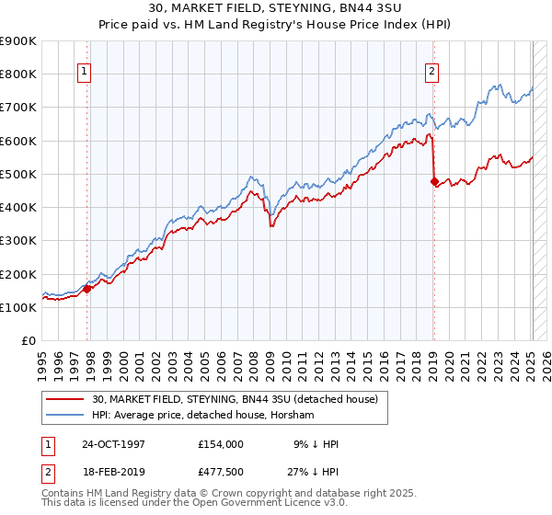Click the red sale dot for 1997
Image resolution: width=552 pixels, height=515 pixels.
tap(87, 289)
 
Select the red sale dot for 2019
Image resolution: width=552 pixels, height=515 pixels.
tap(434, 181)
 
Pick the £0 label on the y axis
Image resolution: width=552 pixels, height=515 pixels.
tap(29, 340)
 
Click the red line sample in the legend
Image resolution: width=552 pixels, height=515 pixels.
tap(66, 399)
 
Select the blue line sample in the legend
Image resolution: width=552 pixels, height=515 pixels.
tap(66, 416)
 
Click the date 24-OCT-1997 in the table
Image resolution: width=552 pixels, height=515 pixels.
tap(113, 444)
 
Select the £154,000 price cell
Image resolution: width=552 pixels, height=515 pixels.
tap(220, 444)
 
